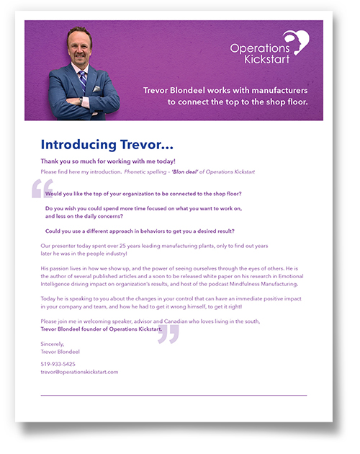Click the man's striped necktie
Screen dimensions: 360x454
click(82, 80)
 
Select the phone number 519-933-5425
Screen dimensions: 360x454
click(58, 364)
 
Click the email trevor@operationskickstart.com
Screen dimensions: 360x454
click(79, 372)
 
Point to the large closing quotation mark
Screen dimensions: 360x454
click(168, 333)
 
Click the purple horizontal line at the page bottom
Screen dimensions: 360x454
click(174, 395)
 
